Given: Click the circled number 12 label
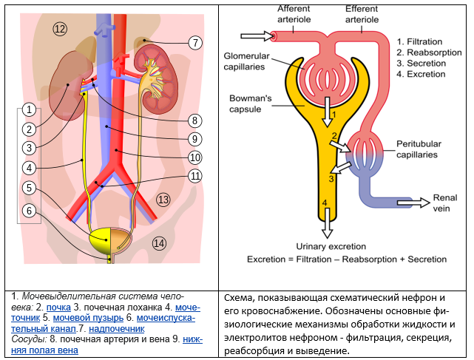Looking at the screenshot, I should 60,29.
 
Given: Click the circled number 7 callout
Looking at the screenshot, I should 194,43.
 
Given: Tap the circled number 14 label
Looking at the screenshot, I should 159,242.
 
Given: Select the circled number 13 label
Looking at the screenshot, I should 163,199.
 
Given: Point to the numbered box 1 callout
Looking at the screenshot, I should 28,110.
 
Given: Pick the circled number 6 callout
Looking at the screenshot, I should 28,211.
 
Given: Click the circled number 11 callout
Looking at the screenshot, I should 194,176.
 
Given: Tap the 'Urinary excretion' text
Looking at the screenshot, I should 331,245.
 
